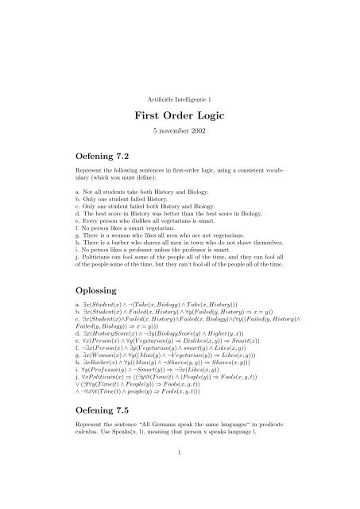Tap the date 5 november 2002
click(x=180, y=131)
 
